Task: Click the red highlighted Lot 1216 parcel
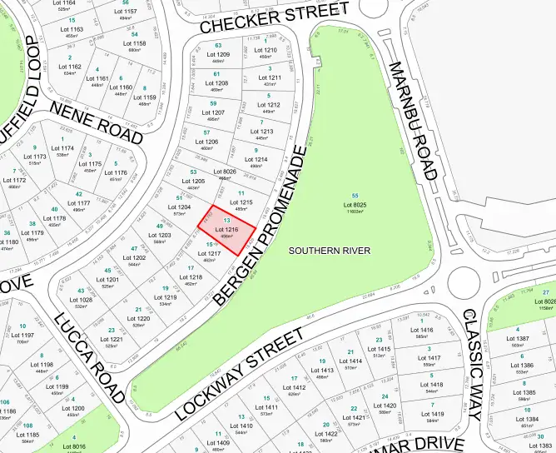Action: (x=231, y=227)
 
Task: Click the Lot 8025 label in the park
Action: (x=355, y=204)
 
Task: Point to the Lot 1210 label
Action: (x=266, y=50)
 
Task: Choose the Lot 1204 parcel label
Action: (x=181, y=207)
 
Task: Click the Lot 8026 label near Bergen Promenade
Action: (x=226, y=172)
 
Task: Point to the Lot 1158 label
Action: (x=134, y=43)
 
